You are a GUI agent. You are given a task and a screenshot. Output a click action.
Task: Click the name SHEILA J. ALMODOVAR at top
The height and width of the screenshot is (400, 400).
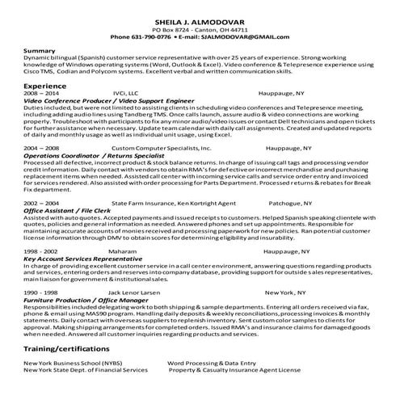pos(200,20)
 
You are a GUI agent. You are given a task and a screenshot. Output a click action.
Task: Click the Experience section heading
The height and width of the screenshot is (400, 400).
pos(44,85)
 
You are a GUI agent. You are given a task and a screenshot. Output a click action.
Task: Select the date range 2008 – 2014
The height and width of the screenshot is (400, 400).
pos(41,94)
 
